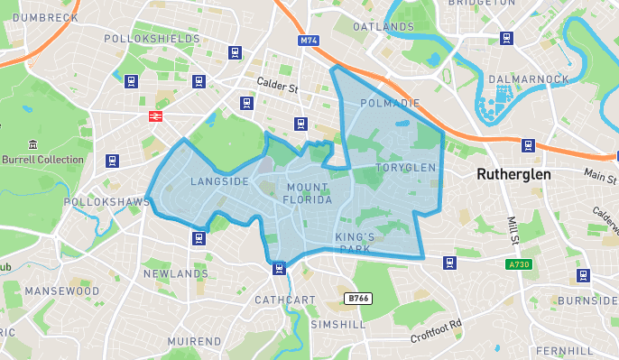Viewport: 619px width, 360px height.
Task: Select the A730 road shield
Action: (518, 264)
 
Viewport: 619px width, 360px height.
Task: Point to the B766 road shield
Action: (358, 298)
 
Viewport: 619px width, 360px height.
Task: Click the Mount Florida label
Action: (309, 193)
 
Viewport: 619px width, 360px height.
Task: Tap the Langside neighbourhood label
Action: (219, 181)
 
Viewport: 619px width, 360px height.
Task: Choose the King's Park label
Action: (354, 243)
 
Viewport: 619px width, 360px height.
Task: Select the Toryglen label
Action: (406, 168)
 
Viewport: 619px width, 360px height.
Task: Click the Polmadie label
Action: (390, 103)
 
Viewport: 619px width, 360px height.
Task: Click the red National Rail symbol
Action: (155, 115)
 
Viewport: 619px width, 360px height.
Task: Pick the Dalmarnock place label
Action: (529, 79)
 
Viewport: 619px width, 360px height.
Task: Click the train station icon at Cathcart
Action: (280, 267)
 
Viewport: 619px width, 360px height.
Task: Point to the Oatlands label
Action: (383, 27)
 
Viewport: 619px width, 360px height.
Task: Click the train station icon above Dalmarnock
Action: (507, 39)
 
